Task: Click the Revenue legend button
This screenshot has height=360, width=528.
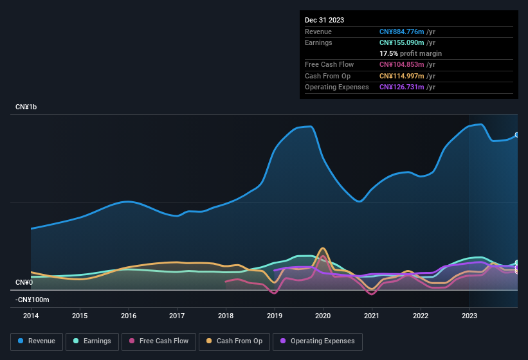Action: (37, 341)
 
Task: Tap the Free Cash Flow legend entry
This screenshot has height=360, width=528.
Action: (159, 341)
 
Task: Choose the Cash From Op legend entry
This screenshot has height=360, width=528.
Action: (235, 341)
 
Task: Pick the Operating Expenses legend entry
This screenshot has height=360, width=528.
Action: (317, 341)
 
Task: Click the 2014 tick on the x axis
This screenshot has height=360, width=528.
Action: (31, 316)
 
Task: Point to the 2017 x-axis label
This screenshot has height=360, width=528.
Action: (177, 316)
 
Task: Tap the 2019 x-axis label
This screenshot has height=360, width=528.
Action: (275, 316)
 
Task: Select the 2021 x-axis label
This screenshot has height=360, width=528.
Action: (372, 316)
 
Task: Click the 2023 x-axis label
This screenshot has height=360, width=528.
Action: (469, 316)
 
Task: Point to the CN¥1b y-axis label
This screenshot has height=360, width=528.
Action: (26, 107)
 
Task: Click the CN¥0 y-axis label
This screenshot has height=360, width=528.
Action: (24, 283)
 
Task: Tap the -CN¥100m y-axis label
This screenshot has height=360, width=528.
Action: (32, 300)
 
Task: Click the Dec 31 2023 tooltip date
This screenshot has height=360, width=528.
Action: (324, 20)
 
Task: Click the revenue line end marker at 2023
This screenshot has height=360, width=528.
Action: (517, 135)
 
